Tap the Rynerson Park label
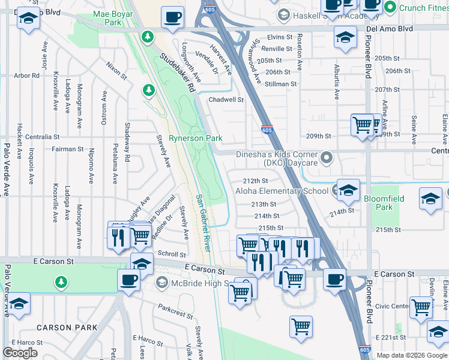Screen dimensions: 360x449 click(195, 138)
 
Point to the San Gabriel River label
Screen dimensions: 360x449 click(203, 222)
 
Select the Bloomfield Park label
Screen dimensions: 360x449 click(384, 203)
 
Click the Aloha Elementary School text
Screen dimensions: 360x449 click(282, 191)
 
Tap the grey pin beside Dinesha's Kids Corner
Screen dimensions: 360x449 click(327, 158)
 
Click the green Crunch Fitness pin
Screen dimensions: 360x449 click(390, 7)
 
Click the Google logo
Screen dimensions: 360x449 click(20, 353)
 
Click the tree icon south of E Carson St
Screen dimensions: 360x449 click(60, 281)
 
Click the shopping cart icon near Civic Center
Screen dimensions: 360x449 click(421, 307)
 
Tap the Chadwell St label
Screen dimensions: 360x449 click(226, 100)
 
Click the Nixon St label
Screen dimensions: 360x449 click(116, 70)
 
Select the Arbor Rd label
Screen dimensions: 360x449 click(26, 76)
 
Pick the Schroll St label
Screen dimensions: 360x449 click(171, 254)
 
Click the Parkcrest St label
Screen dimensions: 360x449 click(175, 307)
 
